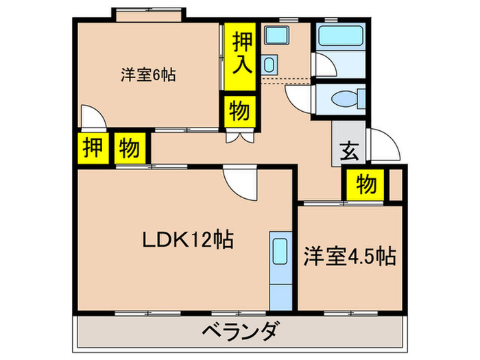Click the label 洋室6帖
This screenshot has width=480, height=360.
click(x=148, y=75)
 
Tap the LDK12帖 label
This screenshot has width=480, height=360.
click(x=188, y=239)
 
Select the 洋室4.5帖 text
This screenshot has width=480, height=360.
click(x=350, y=256)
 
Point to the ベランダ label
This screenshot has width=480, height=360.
click(x=241, y=331)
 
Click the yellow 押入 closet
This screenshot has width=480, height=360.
click(x=240, y=57)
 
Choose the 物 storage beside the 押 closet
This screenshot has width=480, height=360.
click(x=130, y=148)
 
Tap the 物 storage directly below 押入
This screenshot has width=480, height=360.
click(x=240, y=111)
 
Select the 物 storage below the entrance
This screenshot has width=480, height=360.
click(x=365, y=184)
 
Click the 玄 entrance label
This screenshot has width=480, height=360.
click(x=348, y=151)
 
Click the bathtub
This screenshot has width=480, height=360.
click(x=340, y=36)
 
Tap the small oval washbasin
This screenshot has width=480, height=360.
click(x=269, y=64)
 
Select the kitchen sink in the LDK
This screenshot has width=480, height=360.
click(x=280, y=250)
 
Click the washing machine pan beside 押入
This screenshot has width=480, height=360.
click(x=277, y=34)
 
